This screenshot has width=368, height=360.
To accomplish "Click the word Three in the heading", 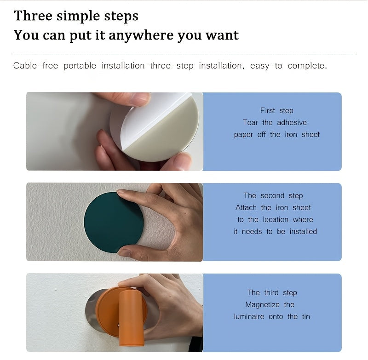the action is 33,16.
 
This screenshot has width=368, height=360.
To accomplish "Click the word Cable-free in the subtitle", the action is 35,66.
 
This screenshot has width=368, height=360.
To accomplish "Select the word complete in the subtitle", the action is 307,66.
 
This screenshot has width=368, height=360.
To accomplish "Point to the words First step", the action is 277,110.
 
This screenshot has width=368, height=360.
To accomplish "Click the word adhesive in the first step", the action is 292,122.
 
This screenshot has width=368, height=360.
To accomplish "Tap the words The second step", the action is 273,195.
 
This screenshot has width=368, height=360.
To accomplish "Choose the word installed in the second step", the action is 303,231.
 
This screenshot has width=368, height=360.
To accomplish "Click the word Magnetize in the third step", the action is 262,305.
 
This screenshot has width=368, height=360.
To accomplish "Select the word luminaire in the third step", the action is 249,317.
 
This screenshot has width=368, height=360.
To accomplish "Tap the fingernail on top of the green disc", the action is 121,191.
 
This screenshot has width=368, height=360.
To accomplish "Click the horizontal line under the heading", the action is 184,54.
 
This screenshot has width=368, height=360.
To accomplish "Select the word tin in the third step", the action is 306,317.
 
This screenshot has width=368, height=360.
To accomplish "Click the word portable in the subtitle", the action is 80,66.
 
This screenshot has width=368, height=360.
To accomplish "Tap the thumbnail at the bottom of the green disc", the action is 124,252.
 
